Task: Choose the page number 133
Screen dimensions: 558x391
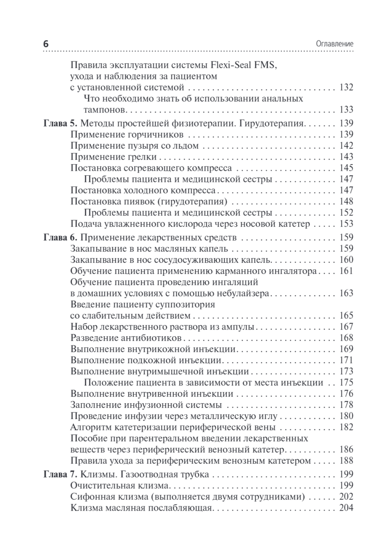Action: tap(346, 110)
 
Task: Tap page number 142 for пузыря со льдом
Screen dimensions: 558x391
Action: tap(346, 146)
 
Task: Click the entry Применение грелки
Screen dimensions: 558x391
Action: tap(114, 157)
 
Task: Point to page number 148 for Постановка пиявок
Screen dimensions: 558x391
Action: tap(346, 202)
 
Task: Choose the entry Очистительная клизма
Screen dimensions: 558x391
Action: tap(119, 486)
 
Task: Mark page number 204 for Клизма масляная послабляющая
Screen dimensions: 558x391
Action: tap(346, 508)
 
